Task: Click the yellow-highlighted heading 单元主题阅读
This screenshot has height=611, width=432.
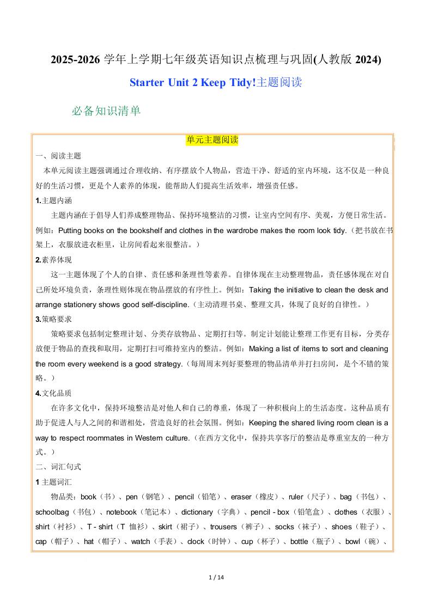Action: click(212, 140)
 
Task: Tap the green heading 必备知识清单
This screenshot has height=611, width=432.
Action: click(106, 111)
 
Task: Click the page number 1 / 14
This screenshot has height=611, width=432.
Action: click(216, 577)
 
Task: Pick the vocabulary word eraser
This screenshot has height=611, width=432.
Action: click(241, 497)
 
